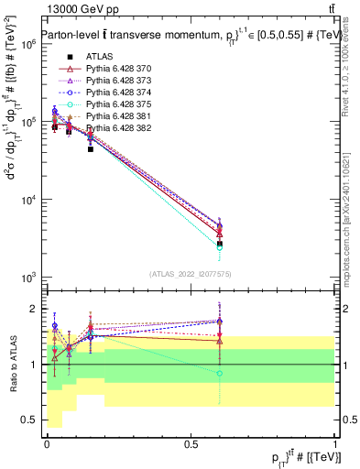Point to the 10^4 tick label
pyautogui.click(x=27, y=199)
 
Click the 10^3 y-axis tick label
pyautogui.click(x=27, y=277)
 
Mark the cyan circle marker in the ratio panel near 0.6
pyautogui.click(x=220, y=373)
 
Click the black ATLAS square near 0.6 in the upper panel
pyautogui.click(x=220, y=245)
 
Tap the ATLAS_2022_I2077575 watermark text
pyautogui.click(x=191, y=273)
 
